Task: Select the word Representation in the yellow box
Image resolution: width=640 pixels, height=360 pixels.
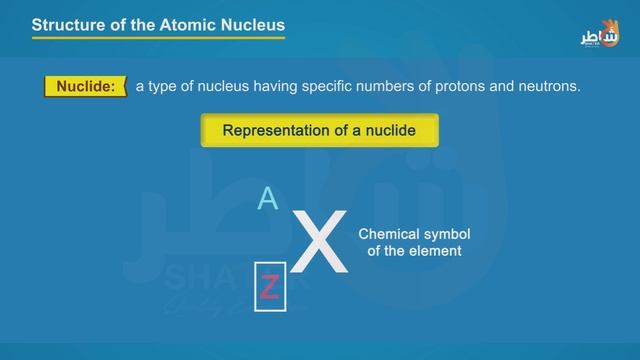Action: tap(273, 130)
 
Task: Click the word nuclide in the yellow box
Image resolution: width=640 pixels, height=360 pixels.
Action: tap(385, 130)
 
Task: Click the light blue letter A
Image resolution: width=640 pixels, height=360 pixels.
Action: tap(267, 199)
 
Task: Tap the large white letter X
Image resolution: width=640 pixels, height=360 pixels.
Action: tap(322, 243)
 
